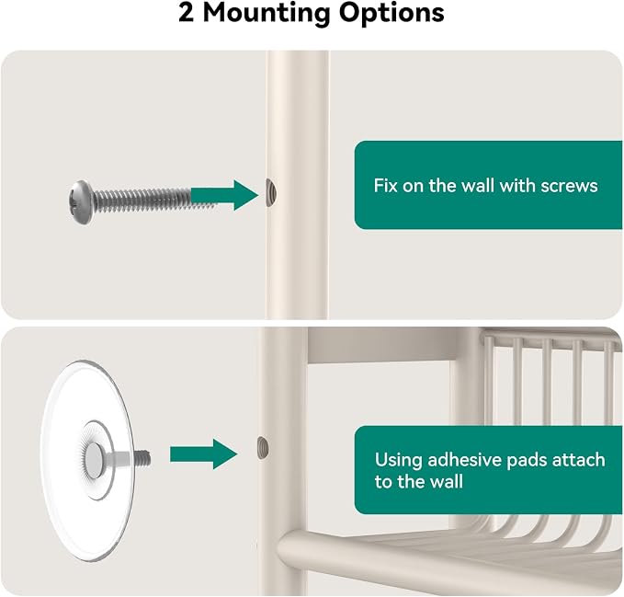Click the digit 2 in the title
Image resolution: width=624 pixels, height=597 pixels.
click(x=186, y=13)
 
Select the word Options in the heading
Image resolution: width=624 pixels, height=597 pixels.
click(x=391, y=14)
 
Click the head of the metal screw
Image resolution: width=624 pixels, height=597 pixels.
click(x=81, y=202)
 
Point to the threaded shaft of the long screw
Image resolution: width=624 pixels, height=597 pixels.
click(x=155, y=199)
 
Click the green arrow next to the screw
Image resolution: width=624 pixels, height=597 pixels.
click(x=224, y=195)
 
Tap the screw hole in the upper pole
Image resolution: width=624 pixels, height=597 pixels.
click(x=271, y=193)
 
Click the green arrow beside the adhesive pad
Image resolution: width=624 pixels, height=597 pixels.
click(x=204, y=453)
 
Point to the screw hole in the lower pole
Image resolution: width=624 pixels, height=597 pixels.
click(x=263, y=447)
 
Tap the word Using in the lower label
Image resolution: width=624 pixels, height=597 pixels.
click(x=398, y=460)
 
